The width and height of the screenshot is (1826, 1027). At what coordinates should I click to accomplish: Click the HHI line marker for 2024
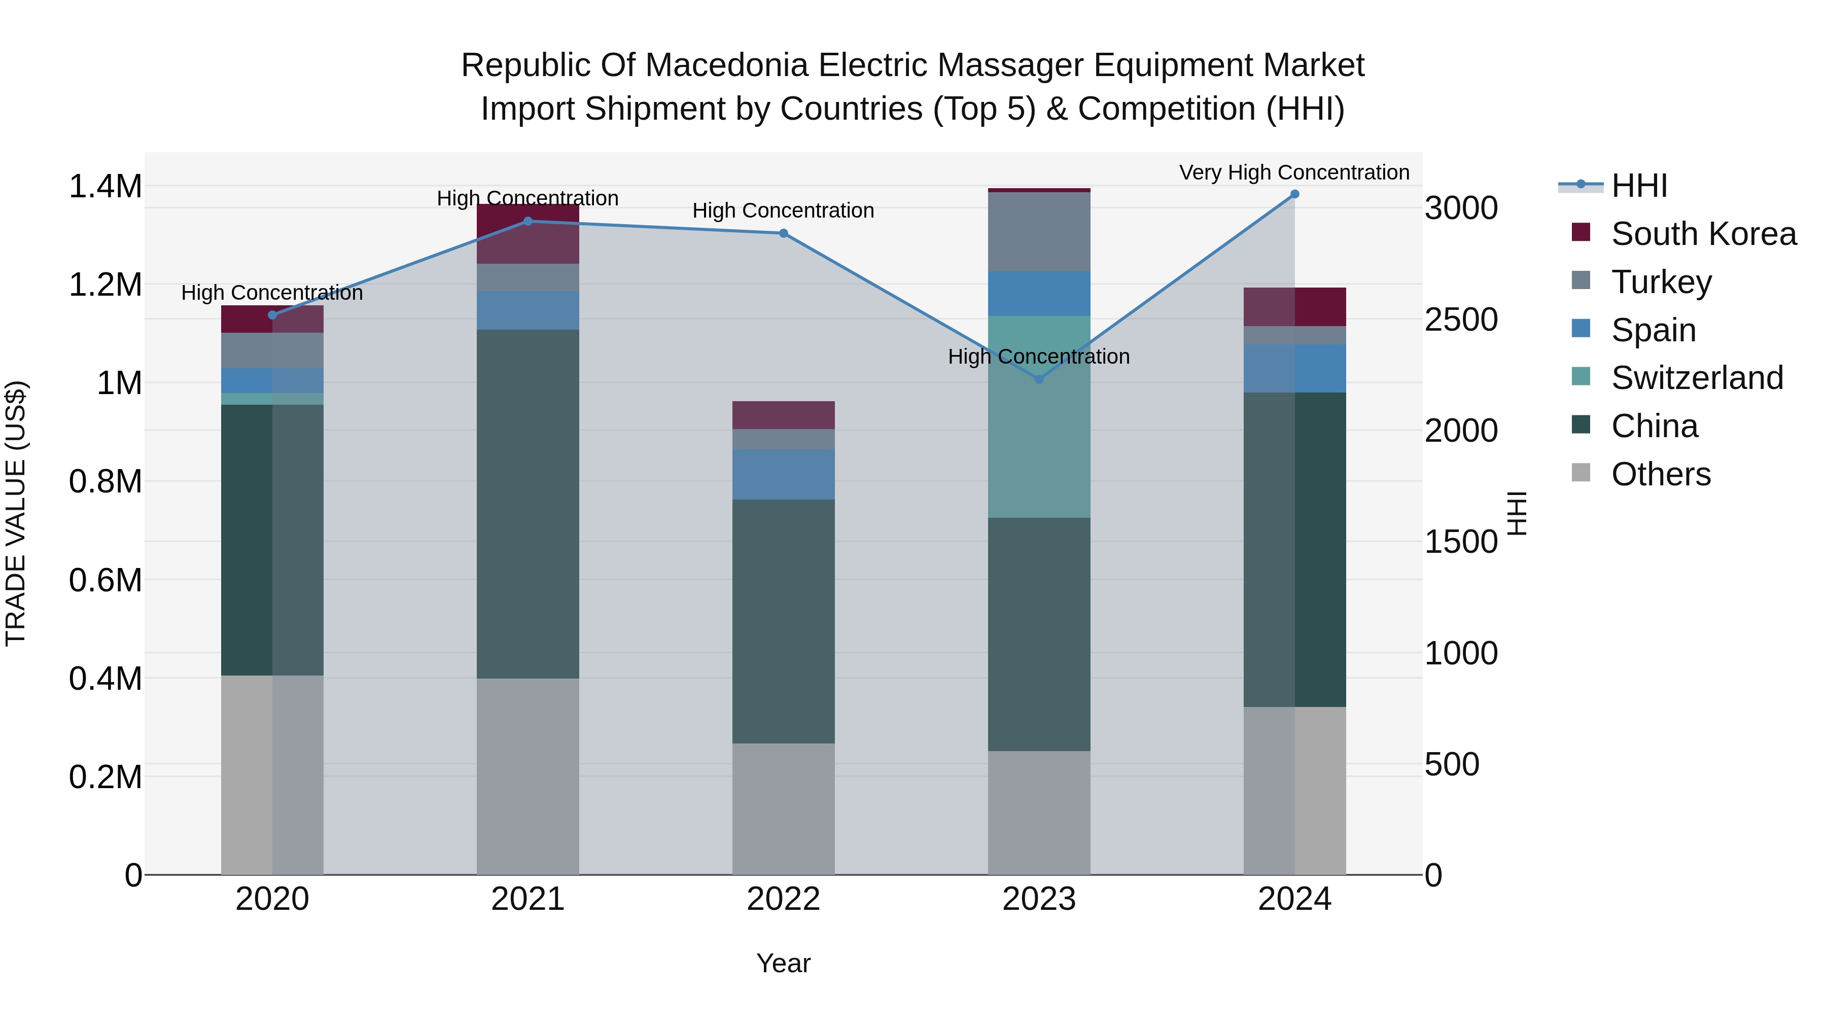pyautogui.click(x=1294, y=194)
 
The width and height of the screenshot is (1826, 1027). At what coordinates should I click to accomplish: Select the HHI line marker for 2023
pyautogui.click(x=1039, y=379)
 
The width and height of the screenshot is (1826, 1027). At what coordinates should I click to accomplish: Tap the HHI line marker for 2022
pyautogui.click(x=783, y=233)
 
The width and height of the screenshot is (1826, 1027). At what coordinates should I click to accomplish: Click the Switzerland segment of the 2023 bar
pyautogui.click(x=1039, y=417)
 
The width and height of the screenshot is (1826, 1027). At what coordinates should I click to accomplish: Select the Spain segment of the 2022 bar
pyautogui.click(x=783, y=474)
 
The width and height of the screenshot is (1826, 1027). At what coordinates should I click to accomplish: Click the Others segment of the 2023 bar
pyautogui.click(x=1039, y=812)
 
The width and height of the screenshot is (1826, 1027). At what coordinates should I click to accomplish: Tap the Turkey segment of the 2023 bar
pyautogui.click(x=1039, y=232)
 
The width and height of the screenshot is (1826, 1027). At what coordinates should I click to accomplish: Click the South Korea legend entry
pyautogui.click(x=1703, y=234)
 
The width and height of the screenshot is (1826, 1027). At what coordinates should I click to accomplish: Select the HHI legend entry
pyautogui.click(x=1639, y=186)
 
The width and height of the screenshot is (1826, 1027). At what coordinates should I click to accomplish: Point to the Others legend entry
pyautogui.click(x=1660, y=474)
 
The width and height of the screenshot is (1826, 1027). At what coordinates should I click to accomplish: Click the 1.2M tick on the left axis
pyautogui.click(x=105, y=285)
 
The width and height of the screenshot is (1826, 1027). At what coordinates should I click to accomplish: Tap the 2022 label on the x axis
pyautogui.click(x=783, y=899)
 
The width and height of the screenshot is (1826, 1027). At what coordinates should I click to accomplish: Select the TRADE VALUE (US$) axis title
pyautogui.click(x=16, y=513)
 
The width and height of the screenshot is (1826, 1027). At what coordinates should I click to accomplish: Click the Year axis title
pyautogui.click(x=783, y=963)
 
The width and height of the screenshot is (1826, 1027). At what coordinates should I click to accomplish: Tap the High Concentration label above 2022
pyautogui.click(x=783, y=210)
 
